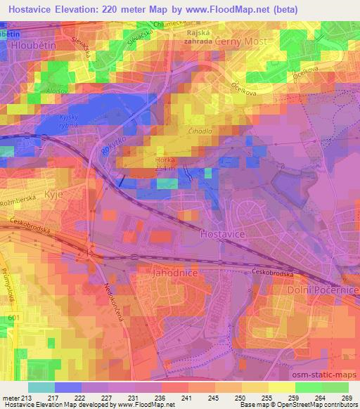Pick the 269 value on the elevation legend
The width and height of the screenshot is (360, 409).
[347, 397]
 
